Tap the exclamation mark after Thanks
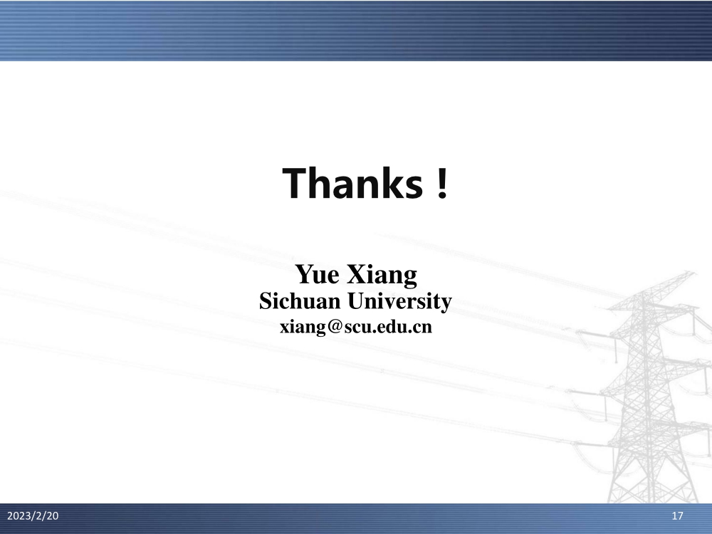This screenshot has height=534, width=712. coord(443,182)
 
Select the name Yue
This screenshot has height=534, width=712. coord(317,274)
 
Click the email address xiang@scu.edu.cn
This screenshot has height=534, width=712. coord(356,327)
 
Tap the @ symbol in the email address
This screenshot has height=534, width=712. coord(334,328)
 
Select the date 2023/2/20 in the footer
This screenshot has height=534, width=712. coord(33,515)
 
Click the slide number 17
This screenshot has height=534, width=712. coord(677,515)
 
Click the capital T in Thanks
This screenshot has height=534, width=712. coord(295,182)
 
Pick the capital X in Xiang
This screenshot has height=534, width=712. coord(357,274)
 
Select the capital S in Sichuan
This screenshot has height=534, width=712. coord(266,301)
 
